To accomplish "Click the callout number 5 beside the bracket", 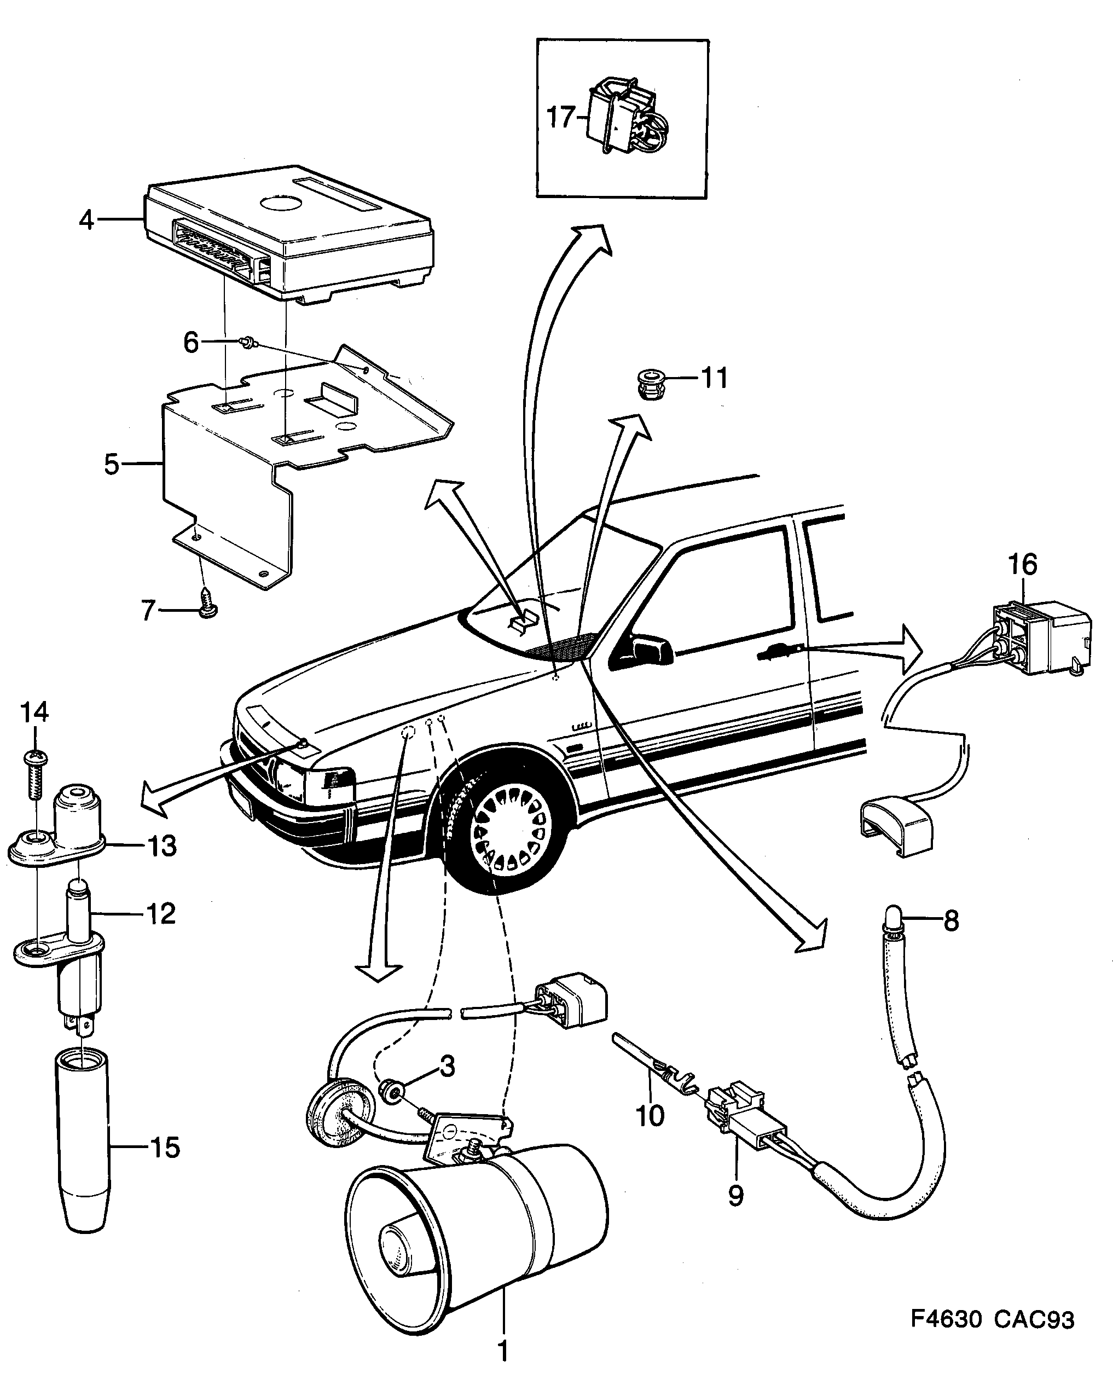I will tap(112, 463).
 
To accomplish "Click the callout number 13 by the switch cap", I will tap(161, 846).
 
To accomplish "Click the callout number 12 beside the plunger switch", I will tap(160, 913).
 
